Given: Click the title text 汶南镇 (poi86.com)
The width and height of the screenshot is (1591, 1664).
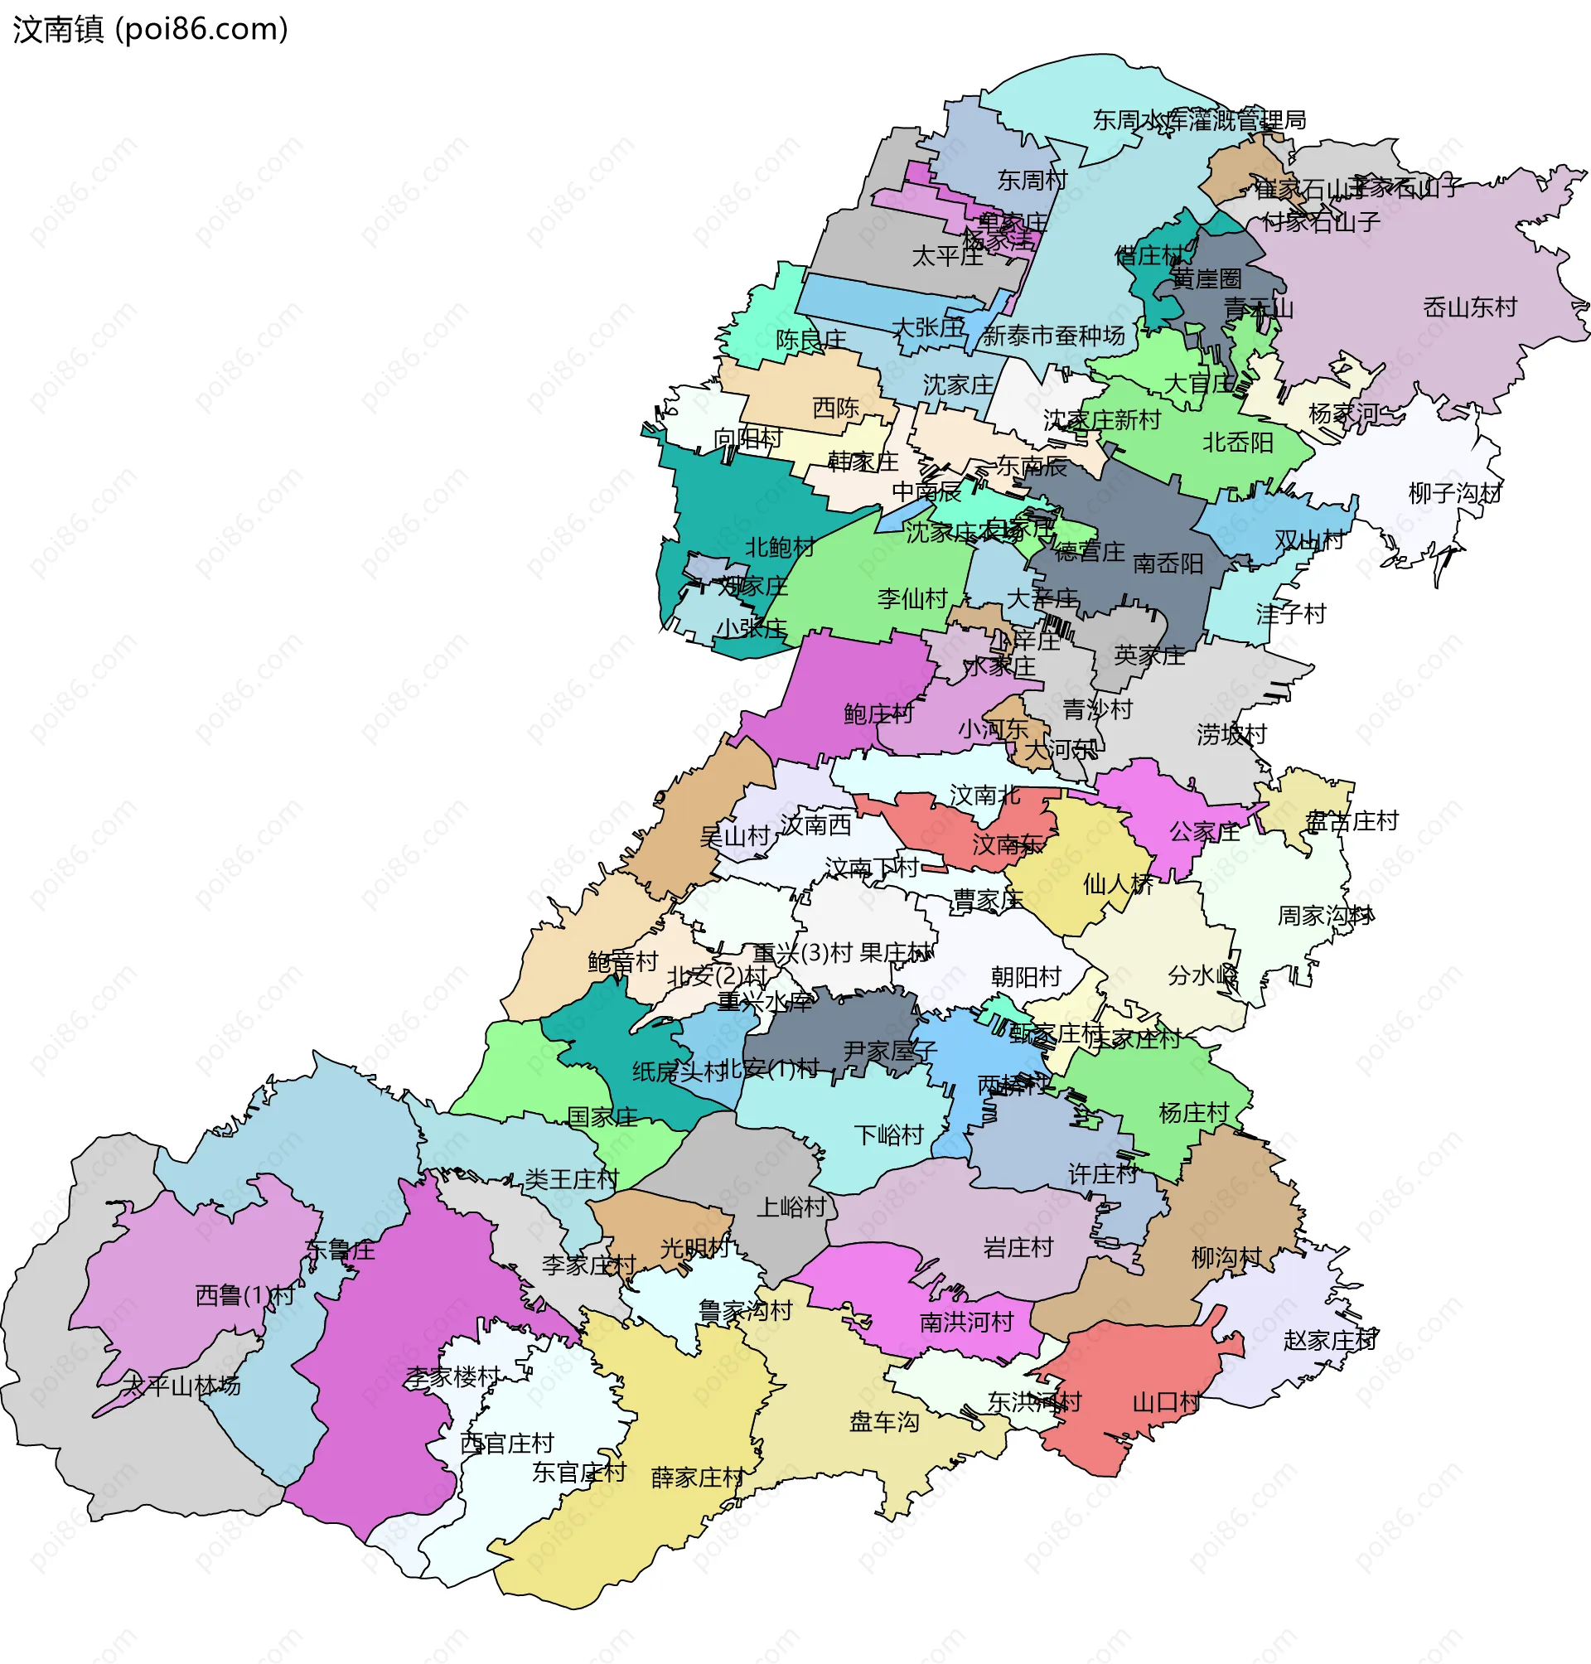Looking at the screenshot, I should pos(150,30).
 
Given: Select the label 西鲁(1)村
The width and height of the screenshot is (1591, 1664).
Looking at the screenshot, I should pos(244,1296).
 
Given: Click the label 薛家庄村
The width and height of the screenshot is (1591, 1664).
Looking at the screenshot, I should pos(697,1478).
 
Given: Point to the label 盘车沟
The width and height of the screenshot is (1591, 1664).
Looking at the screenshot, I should pos(883,1422).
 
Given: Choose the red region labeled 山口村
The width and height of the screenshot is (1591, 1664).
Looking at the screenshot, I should pos(1136,1391).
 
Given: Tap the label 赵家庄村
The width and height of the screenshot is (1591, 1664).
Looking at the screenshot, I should pos(1329,1341).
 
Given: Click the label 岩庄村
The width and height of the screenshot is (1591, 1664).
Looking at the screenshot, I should pos(1018,1247).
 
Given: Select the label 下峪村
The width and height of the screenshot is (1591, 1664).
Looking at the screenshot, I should pos(888,1135).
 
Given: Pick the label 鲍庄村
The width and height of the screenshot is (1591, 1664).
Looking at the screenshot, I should pos(878,714).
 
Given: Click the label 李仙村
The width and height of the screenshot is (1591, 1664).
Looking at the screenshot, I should pos(912,599).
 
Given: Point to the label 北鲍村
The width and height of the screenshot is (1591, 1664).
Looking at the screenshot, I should pos(780,548).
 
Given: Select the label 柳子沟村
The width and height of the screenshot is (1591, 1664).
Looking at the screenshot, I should pos(1454,494).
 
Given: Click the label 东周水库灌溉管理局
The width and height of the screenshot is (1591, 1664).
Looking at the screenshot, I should pos(1198,120).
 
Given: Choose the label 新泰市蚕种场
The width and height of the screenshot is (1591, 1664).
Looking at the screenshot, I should pos(1053,336).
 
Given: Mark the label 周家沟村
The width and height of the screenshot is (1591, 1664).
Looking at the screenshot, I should pos(1324,916).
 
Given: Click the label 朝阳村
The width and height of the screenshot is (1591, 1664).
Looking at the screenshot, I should pos(1026,977).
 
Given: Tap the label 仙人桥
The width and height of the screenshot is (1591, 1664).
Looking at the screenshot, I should pos(1118,884).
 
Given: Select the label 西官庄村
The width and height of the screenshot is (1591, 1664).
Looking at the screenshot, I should pos(506,1444).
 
